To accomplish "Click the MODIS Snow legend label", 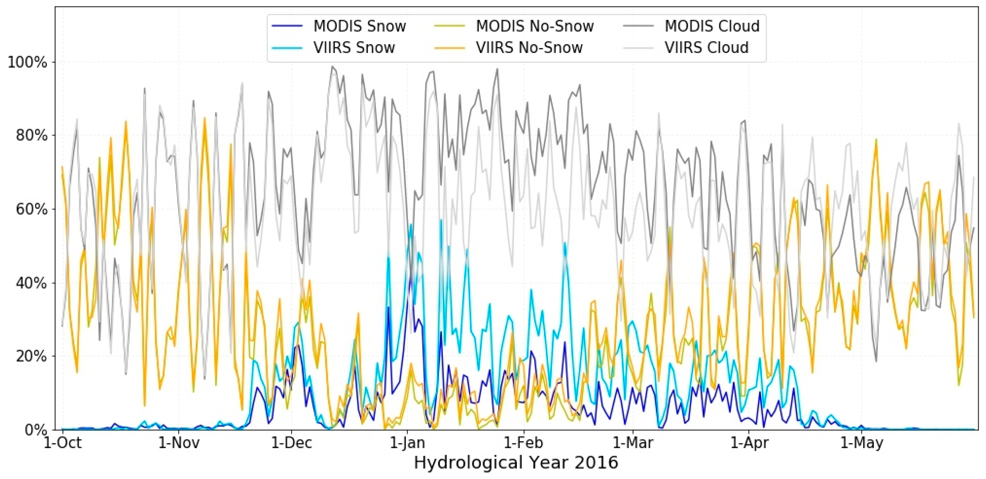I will point(359,26).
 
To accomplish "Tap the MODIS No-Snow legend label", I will point(535,26).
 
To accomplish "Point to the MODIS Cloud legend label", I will point(712,26).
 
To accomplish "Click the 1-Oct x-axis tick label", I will point(62,443).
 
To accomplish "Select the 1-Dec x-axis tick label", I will point(291,443).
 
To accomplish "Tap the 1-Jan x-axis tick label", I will point(407,443).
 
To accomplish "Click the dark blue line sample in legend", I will point(287,26).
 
